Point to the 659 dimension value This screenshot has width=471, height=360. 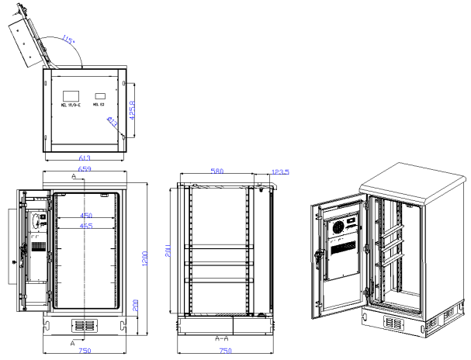click(x=86, y=168)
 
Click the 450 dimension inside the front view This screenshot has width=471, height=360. click(x=86, y=216)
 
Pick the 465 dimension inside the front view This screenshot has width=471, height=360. click(x=86, y=226)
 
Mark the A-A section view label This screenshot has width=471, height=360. click(x=222, y=338)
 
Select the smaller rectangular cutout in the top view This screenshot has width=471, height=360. click(x=99, y=97)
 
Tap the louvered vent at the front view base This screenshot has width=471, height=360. click(x=84, y=324)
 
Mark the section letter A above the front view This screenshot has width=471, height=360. click(x=74, y=177)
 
